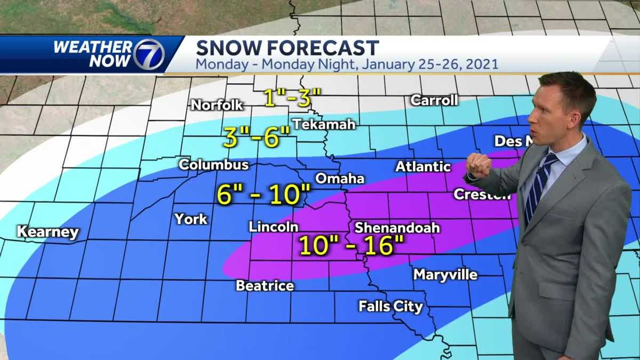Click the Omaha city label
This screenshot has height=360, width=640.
point(340,178)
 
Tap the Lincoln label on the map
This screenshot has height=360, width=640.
point(274,227)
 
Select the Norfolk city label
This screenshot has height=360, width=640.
point(217,105)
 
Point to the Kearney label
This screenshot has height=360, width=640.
point(48,232)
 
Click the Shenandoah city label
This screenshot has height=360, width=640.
point(397,228)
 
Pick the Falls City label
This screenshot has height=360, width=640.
point(390,307)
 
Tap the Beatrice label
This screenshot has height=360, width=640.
point(265,286)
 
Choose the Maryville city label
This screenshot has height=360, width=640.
point(445,275)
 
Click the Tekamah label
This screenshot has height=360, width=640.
point(323,124)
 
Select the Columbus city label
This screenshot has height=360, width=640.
point(213,165)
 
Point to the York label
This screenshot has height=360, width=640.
point(191,219)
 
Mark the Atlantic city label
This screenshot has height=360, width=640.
point(423,166)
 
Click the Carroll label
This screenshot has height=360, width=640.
point(434,100)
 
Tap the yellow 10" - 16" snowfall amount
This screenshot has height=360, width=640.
point(350,246)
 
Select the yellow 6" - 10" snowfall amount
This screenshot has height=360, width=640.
point(263,195)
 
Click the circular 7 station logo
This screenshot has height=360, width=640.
point(149,54)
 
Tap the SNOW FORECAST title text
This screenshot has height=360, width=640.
point(287,48)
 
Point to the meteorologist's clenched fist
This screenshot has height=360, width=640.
point(478,165)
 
